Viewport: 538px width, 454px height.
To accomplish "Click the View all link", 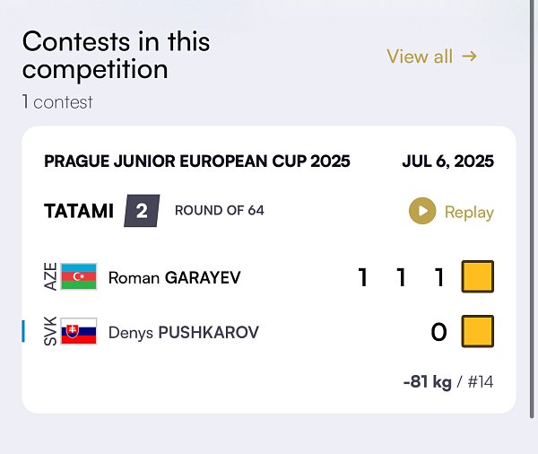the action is pos(431,57).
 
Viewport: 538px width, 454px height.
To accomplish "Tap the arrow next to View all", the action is pos(469,56).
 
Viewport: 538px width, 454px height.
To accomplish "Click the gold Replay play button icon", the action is pos(422,211).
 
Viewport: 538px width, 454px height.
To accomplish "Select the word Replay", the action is pos(469,213).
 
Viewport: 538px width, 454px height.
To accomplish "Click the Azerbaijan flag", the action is pos(79,276).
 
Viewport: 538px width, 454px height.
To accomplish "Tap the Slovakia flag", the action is pos(79,331).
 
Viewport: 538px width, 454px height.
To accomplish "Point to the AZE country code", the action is pos(50,276).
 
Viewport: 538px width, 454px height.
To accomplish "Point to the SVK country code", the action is pos(50,331).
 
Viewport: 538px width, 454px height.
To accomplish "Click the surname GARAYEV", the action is pos(203,277).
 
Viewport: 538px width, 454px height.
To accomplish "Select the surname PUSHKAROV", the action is pos(209,333).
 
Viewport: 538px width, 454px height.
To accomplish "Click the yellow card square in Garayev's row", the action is pos(478,276).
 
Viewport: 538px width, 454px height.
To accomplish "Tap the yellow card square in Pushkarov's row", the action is pos(478,331).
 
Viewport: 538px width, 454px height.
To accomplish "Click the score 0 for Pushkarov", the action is pos(438,332).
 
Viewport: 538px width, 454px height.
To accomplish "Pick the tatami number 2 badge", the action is pos(142,211).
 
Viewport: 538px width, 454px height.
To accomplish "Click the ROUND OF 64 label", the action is pos(220,211).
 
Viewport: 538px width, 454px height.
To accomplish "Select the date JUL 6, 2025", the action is pos(448,162).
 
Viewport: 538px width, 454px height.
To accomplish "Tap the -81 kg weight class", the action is pos(428,381).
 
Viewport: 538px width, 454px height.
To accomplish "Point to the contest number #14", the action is pos(481,381).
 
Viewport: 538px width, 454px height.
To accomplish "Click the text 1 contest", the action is pos(57,102).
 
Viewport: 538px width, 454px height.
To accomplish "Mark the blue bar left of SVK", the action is pos(23,331).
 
